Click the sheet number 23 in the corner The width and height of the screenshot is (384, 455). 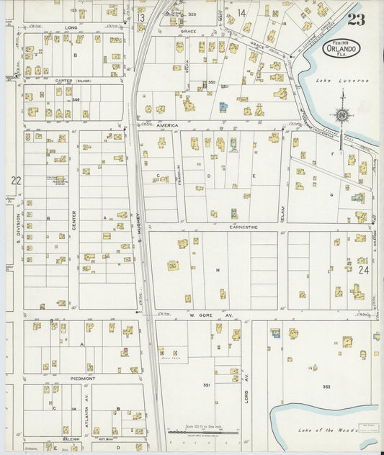coord(355,19)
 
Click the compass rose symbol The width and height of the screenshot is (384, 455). coord(342,115)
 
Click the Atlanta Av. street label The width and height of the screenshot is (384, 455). coord(86,412)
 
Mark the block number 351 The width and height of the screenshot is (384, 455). coord(206,385)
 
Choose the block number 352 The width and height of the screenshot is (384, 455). coord(326,387)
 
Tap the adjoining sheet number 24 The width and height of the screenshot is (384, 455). coord(362,270)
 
